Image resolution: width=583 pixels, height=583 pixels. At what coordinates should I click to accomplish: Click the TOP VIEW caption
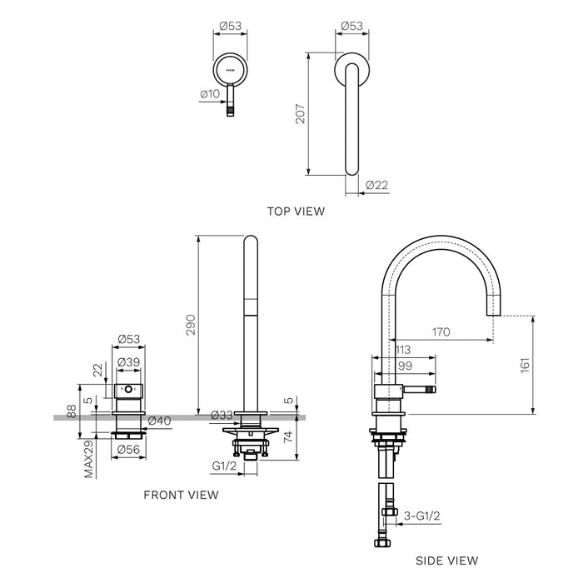tap(296, 212)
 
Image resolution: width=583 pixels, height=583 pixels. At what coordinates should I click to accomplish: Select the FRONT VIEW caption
tap(181, 495)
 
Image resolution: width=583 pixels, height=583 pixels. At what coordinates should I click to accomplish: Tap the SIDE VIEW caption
tap(447, 561)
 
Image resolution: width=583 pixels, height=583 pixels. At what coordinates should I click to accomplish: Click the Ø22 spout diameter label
tap(377, 185)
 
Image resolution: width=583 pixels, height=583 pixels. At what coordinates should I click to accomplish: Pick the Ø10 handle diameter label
tap(209, 96)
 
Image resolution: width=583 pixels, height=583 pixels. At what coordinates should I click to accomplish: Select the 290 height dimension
tap(189, 325)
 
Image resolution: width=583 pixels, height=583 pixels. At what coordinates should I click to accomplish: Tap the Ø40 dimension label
tap(159, 421)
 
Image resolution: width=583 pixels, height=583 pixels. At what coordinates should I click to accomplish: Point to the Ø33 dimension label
tap(221, 415)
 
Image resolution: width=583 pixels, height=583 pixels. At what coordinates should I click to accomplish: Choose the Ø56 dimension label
tap(127, 451)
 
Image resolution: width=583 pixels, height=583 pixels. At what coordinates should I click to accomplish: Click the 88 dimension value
tap(72, 411)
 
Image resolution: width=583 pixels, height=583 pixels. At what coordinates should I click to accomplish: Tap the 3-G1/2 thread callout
tap(423, 517)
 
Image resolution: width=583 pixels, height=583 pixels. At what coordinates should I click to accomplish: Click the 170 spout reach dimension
tap(441, 332)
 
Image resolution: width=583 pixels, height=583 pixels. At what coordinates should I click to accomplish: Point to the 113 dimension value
tap(404, 350)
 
